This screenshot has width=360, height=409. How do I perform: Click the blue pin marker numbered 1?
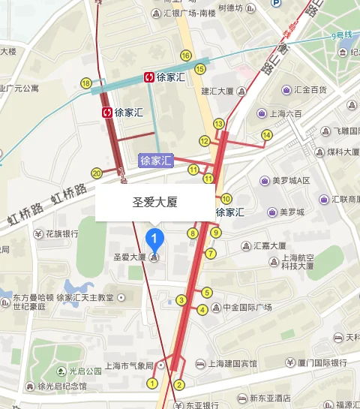pyautogui.click(x=154, y=240)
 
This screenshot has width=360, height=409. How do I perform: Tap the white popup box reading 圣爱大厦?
pyautogui.click(x=154, y=203)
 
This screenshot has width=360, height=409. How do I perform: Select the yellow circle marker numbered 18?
pyautogui.click(x=86, y=83)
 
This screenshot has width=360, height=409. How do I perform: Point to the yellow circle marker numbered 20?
pyautogui.click(x=96, y=173)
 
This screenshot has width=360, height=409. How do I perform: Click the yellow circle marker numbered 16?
pyautogui.click(x=185, y=56)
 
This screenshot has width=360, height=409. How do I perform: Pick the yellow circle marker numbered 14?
pyautogui.click(x=266, y=135)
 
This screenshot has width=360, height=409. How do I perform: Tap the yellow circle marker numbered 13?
pyautogui.click(x=219, y=123)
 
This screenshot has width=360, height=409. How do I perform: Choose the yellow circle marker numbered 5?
pyautogui.click(x=207, y=293)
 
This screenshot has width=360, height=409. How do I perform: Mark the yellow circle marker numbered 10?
pyautogui.click(x=226, y=199)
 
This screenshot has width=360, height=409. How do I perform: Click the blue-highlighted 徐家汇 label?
pyautogui.click(x=156, y=160)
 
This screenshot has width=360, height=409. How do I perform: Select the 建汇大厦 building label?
pyautogui.click(x=219, y=91)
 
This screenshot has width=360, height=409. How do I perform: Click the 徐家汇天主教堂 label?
pyautogui.click(x=90, y=297)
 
